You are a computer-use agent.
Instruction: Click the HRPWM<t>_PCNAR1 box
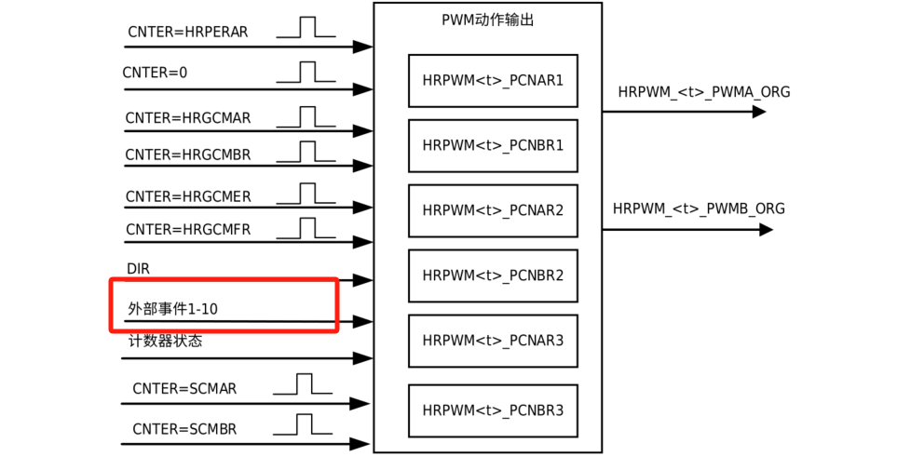coord(493,81)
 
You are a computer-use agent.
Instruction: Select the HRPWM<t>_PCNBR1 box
coord(493,146)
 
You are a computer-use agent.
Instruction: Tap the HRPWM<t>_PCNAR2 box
coord(493,211)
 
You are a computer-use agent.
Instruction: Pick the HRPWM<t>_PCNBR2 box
coord(493,276)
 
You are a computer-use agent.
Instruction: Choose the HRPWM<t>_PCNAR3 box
coord(493,342)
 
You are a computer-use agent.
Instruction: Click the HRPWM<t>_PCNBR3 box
coord(493,410)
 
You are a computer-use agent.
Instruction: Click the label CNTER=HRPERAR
coord(187,32)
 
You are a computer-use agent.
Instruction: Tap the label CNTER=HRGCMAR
coord(188,118)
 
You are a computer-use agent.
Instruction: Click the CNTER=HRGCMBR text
coord(187,154)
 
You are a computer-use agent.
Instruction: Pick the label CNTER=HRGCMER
coord(188,196)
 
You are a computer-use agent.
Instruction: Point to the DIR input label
coord(138,269)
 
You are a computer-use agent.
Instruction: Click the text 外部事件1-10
coord(172,308)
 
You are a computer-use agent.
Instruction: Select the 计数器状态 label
coord(165,341)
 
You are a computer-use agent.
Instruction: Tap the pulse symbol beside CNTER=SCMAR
coord(302,383)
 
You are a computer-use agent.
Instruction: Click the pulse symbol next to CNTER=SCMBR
coord(302,424)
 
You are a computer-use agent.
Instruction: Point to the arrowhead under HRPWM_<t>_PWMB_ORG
coord(766,229)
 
